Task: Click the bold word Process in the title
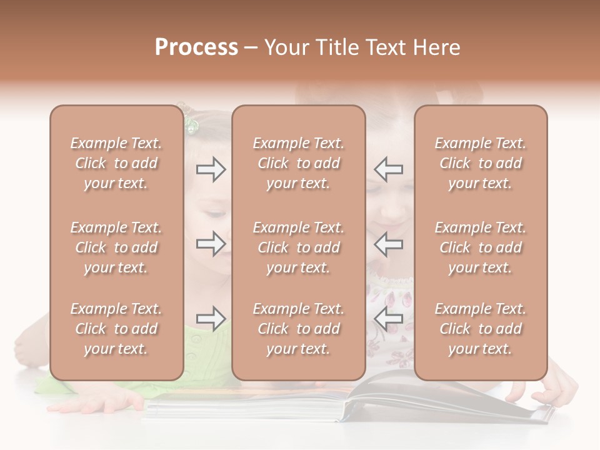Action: (196, 47)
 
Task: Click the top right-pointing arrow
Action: (211, 169)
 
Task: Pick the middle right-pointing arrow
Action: (211, 243)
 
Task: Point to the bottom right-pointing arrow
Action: (211, 318)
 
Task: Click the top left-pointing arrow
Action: (388, 169)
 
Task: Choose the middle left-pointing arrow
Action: (388, 243)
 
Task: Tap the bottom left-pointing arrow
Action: (388, 318)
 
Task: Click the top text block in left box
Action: (116, 163)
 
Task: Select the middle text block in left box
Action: (116, 247)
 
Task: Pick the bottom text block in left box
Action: (116, 329)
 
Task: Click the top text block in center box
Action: (298, 163)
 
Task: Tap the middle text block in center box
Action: (298, 247)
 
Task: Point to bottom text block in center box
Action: (298, 329)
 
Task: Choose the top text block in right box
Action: (480, 163)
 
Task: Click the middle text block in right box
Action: (480, 247)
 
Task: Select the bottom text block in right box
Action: (480, 329)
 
